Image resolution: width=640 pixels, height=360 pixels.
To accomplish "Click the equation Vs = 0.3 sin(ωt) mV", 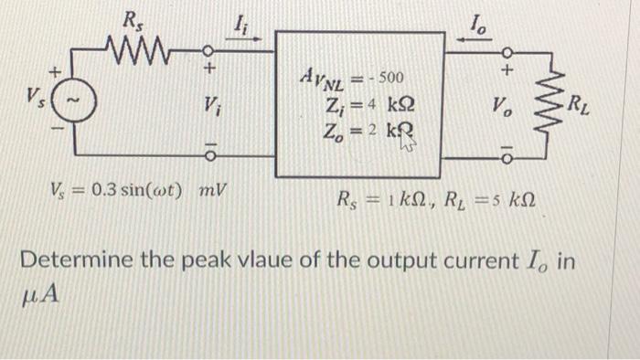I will click(137, 193).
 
